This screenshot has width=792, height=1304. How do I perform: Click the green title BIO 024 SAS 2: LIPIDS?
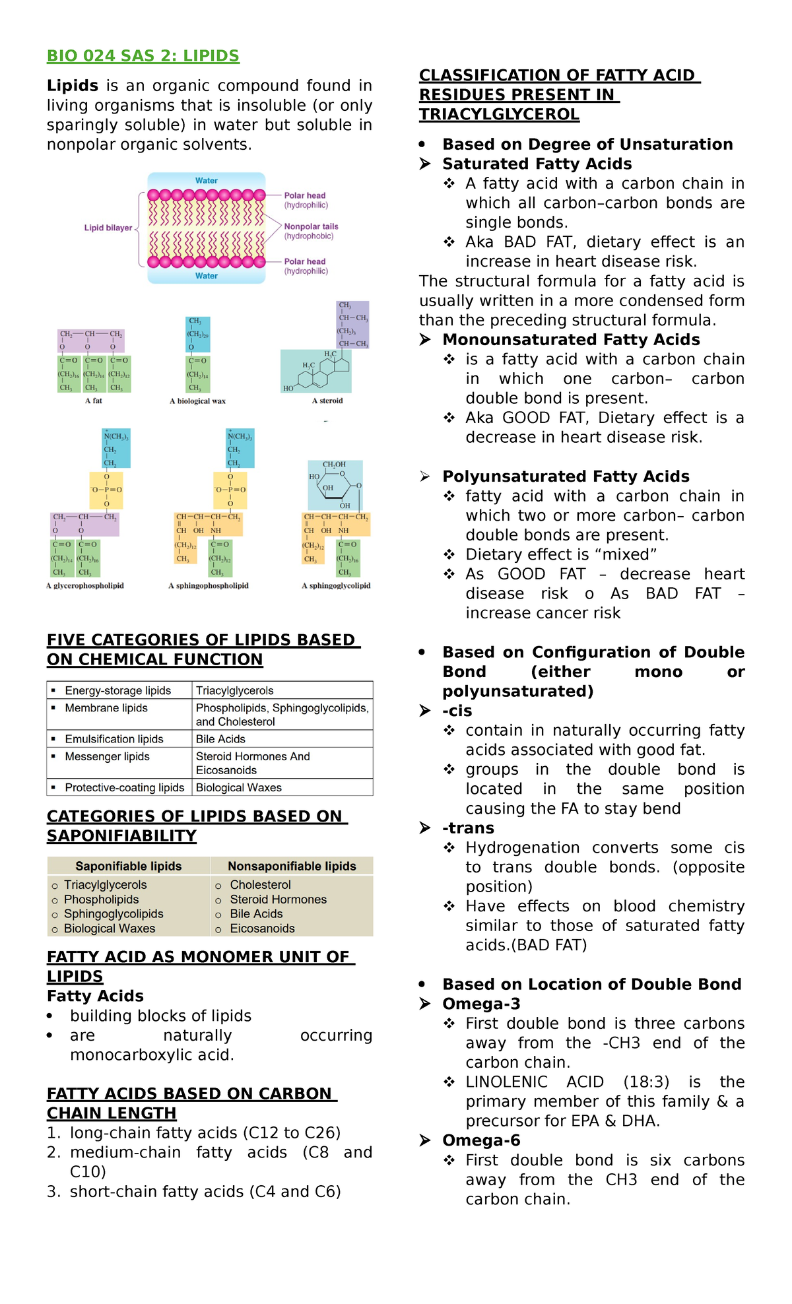143,56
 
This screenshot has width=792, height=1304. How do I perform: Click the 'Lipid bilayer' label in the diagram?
108,228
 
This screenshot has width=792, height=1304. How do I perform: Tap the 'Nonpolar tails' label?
311,226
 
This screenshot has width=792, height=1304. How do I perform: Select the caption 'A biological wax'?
197,401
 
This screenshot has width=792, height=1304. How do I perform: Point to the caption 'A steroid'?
327,401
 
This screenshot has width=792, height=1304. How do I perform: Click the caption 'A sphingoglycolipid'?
336,585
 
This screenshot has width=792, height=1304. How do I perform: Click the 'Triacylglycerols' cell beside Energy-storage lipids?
234,690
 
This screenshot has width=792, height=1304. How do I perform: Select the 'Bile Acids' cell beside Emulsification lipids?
220,739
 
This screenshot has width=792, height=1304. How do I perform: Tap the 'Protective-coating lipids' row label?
124,787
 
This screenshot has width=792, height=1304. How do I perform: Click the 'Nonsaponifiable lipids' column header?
292,866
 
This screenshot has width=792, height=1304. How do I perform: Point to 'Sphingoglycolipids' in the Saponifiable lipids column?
114,913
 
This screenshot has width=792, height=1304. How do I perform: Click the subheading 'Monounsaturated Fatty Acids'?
571,340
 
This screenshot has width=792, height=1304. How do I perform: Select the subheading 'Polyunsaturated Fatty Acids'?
566,476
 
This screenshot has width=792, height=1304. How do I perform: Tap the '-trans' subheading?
468,828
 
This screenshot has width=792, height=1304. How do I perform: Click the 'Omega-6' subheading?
481,1140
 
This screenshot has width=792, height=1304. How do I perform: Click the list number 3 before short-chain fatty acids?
53,1192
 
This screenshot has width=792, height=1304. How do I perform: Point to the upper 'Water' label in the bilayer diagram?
206,181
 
